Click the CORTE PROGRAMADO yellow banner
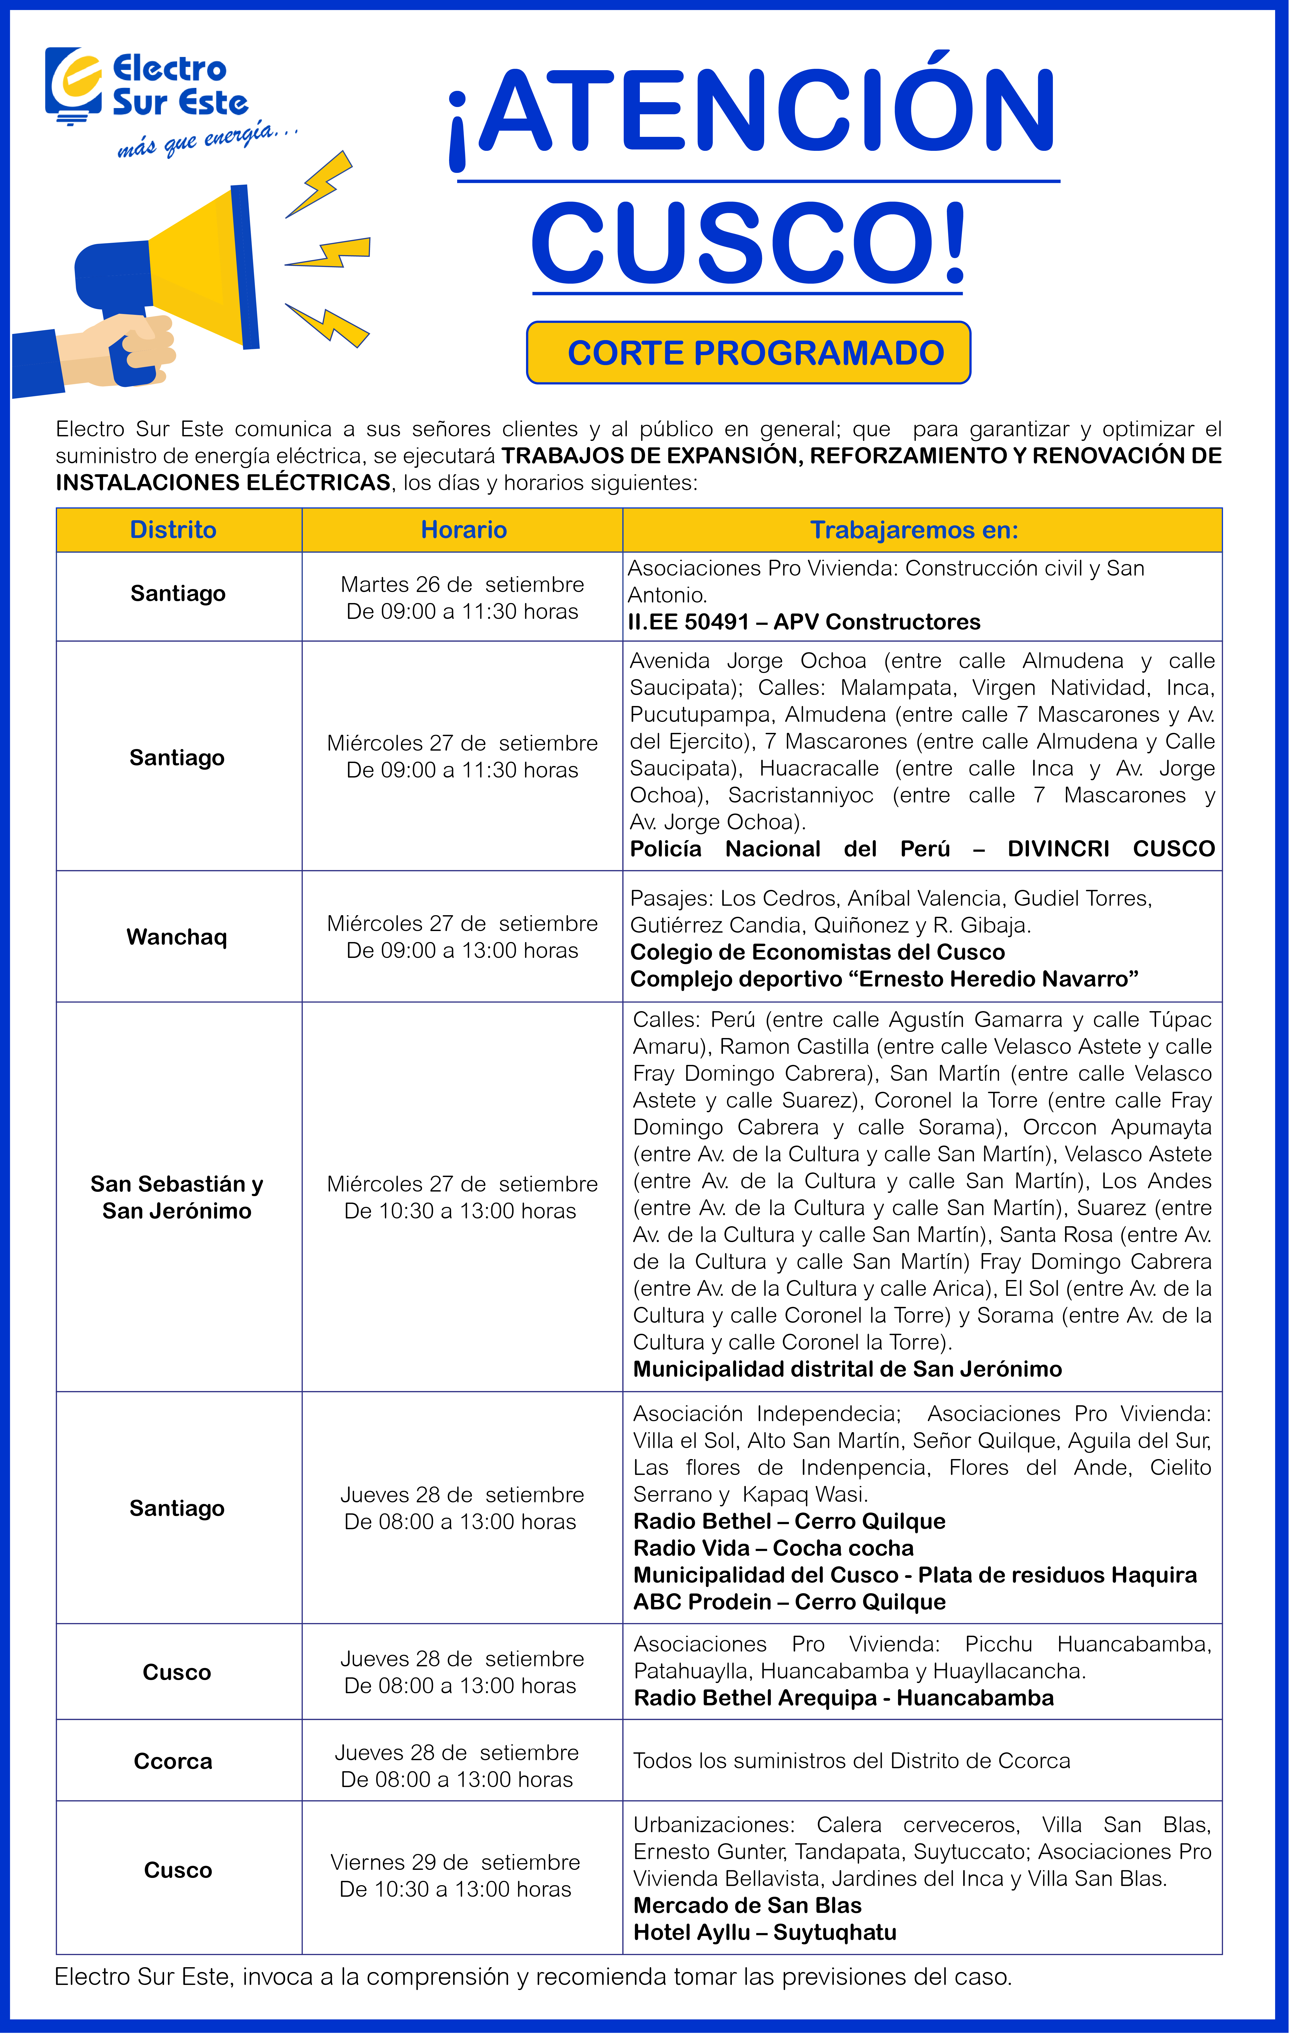click(749, 352)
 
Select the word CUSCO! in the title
click(749, 244)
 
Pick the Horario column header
click(464, 530)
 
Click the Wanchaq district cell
click(177, 937)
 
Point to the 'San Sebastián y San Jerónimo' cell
click(177, 1197)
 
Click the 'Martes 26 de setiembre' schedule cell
click(462, 598)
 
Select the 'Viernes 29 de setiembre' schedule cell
click(455, 1875)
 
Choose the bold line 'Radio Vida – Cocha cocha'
click(773, 1548)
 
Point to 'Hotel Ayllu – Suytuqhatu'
click(765, 1933)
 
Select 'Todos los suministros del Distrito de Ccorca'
click(851, 1761)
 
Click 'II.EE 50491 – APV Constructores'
click(804, 622)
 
